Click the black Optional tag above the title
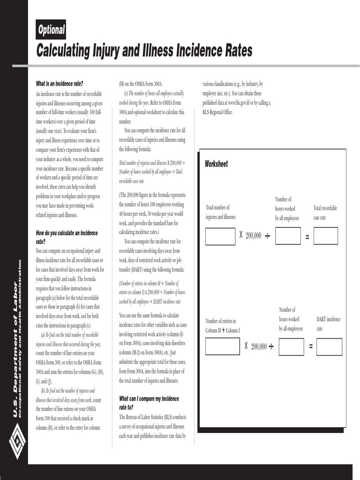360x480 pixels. pos(51,30)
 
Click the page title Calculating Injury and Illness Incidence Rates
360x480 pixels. pos(144,50)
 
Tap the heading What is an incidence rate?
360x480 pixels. pos(60,84)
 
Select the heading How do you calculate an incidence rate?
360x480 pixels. pos(67,237)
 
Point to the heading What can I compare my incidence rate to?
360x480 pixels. pos(149,403)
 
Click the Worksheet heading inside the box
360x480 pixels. pos(216,164)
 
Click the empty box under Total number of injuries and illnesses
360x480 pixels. pos(220,236)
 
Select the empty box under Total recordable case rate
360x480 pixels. pos(325,236)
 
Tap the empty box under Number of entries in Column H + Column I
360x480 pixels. pos(222,346)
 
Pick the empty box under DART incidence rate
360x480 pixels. pos(329,347)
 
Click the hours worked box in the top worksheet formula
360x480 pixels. pos(288,236)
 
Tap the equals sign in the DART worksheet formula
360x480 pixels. pos(311,347)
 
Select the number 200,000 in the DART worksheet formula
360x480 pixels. pos(259,347)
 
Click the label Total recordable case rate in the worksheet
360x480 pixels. pos(325,213)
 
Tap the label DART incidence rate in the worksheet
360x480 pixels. pos(329,324)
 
